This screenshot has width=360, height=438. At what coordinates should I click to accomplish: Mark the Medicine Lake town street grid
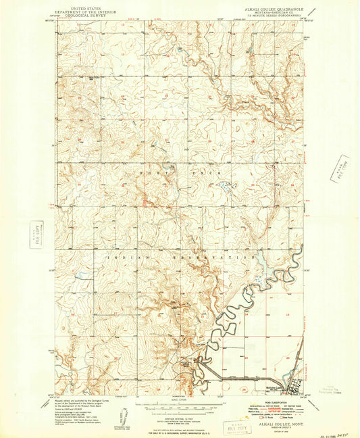coord(294,389)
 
